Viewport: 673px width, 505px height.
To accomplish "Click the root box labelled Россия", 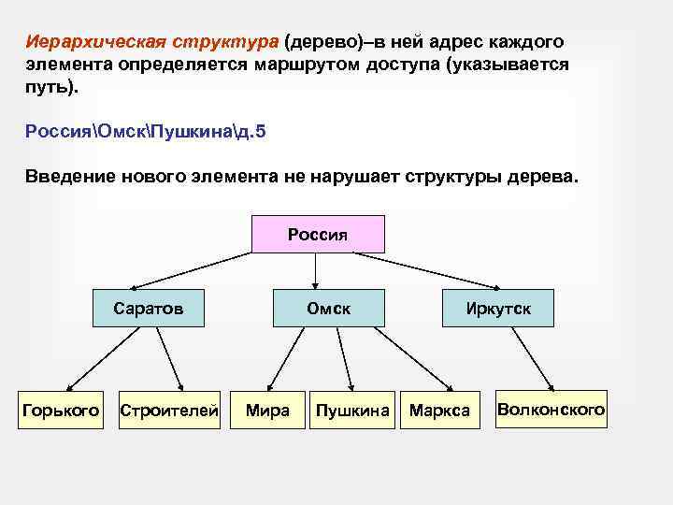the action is tap(318, 234).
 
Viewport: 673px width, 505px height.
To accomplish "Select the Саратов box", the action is tap(149, 308).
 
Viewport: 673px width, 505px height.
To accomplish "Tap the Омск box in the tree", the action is tap(329, 308).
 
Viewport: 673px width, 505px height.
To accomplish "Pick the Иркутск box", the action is tap(499, 308).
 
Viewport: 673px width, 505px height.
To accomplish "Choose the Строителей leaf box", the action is tap(169, 410).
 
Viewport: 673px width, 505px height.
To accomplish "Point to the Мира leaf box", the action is tap(267, 410).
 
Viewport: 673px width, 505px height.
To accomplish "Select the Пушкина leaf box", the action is tap(352, 410).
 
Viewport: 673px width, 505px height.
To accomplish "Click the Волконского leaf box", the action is tap(551, 409).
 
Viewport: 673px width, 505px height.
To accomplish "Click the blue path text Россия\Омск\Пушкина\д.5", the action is tap(146, 131).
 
